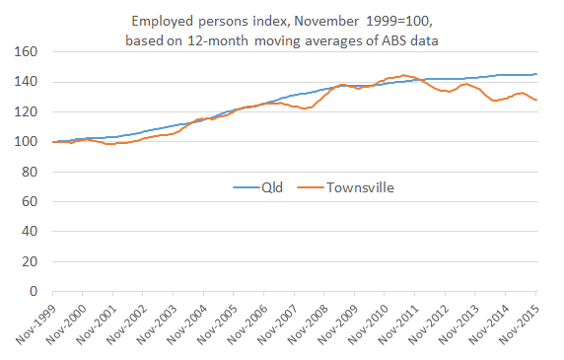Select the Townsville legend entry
coord(360,184)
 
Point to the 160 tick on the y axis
coord(26,51)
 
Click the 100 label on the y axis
coord(26,141)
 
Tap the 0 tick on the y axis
coord(34,292)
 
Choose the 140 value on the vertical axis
coord(26,81)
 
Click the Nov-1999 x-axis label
coord(36,325)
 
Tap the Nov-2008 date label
coord(309,325)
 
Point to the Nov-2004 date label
coord(187,325)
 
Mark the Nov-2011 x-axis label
coord(399,325)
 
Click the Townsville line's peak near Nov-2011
coord(404,75)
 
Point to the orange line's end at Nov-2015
coord(536,100)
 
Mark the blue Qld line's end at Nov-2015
coord(536,74)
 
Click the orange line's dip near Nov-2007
coord(305,108)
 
